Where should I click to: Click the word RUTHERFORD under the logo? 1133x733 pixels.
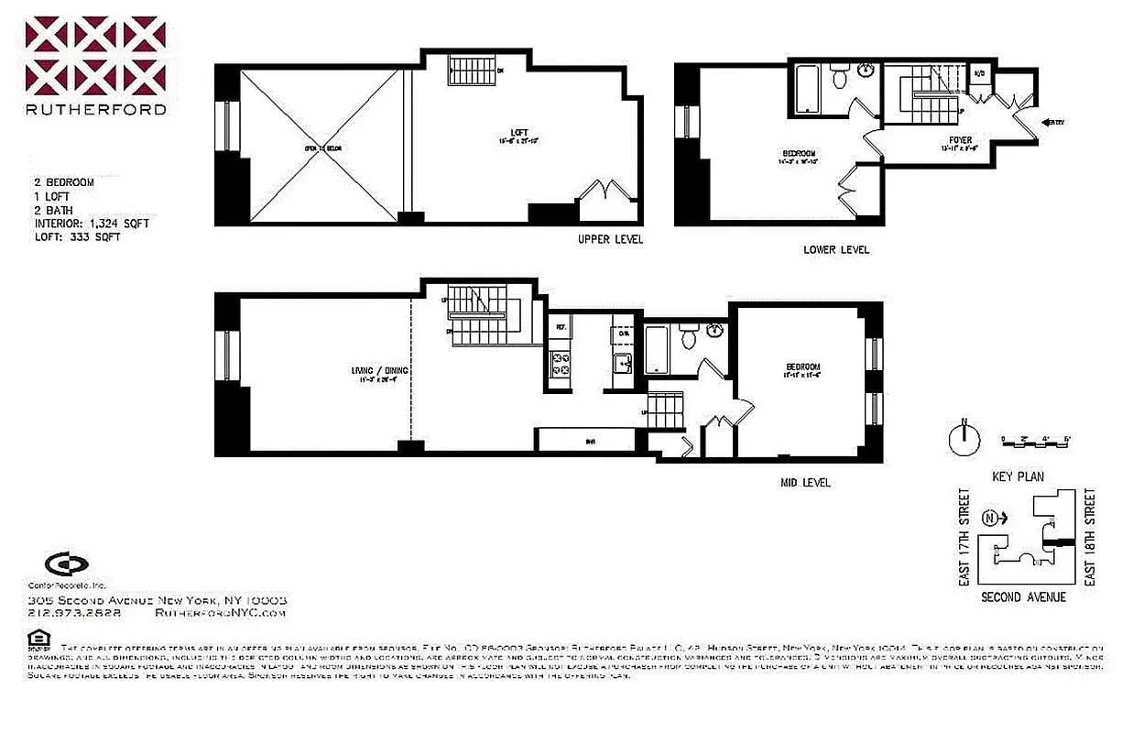tap(95, 109)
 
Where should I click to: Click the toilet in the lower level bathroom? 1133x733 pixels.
tap(838, 78)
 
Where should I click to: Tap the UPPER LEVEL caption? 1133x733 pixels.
tap(610, 239)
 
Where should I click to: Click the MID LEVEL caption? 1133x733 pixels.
tap(805, 482)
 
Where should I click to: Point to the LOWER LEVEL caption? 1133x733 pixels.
tap(836, 250)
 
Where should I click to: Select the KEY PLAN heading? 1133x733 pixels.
tap(1018, 476)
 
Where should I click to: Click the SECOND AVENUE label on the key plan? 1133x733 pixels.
tap(1023, 596)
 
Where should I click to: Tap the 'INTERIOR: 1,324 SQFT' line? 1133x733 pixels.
tap(92, 223)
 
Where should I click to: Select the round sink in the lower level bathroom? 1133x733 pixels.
tap(866, 71)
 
